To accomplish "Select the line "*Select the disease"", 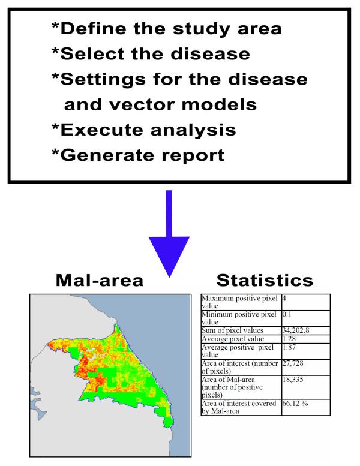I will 150,53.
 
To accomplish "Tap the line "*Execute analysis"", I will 143,130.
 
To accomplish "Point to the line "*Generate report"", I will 137,155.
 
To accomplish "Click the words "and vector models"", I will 160,104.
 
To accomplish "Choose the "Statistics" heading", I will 265,280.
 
